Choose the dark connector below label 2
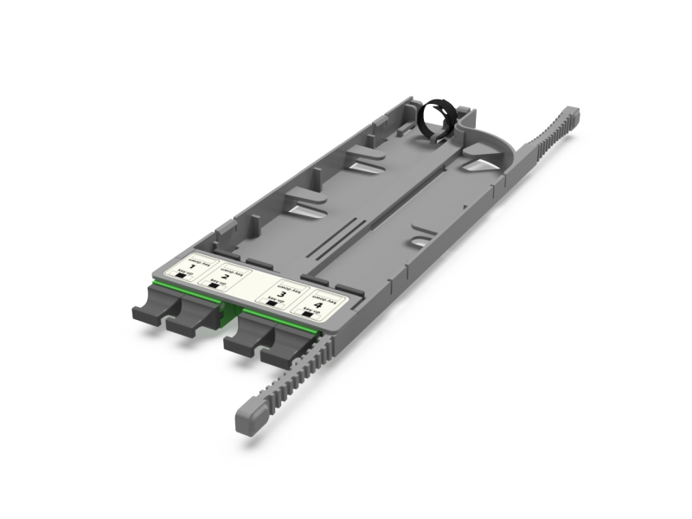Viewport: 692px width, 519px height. point(190,324)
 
